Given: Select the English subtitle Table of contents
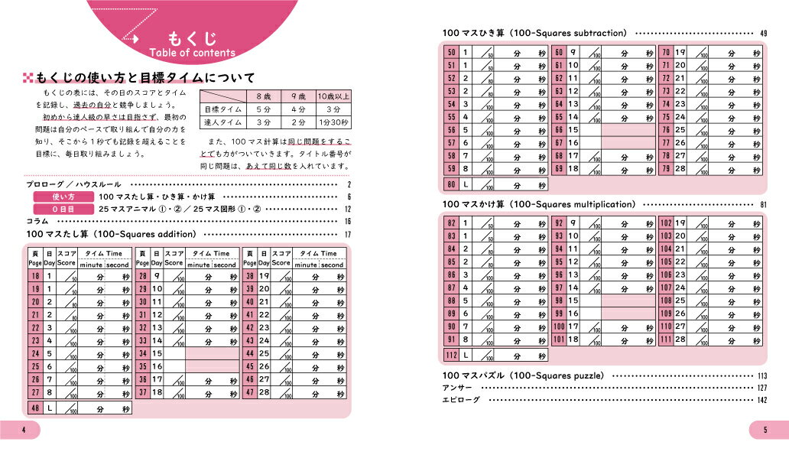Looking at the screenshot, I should (x=193, y=54).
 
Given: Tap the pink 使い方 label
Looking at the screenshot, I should (x=62, y=197).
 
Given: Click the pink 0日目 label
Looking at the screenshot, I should (x=62, y=209).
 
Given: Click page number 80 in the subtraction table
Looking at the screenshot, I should (x=452, y=185).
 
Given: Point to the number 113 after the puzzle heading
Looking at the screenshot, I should (x=762, y=376).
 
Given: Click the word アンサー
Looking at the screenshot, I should (x=457, y=388).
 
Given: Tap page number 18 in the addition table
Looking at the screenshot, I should (x=35, y=276).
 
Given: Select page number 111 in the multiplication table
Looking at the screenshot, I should (x=666, y=339).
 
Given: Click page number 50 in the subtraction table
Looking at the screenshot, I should (x=452, y=52).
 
